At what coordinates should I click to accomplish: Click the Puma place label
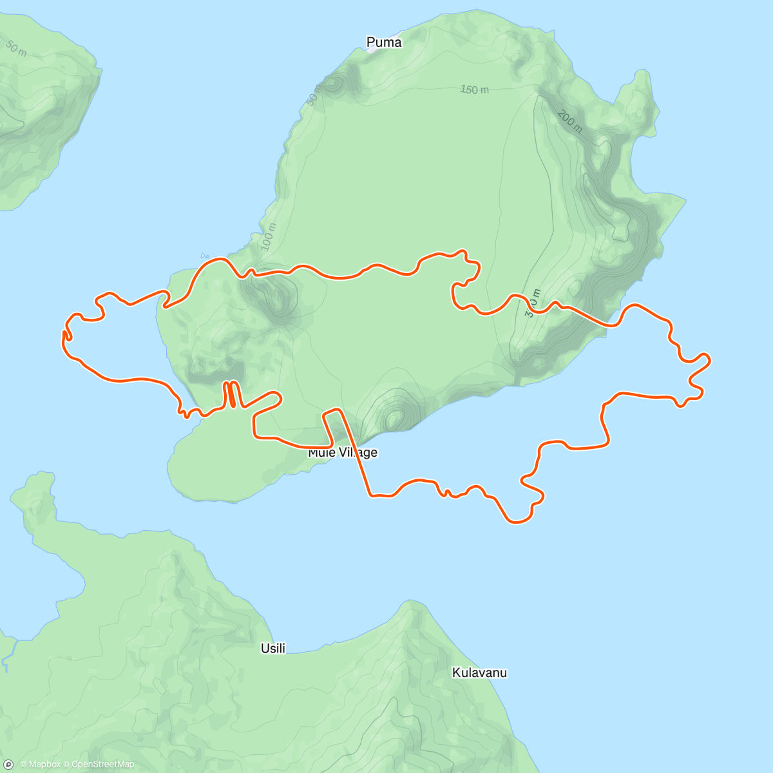click(x=384, y=43)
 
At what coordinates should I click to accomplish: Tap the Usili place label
click(x=273, y=649)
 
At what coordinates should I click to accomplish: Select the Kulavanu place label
click(x=479, y=673)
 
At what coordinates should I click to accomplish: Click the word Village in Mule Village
click(x=358, y=453)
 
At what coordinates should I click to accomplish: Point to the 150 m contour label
click(x=474, y=90)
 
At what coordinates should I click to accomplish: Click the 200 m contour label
click(x=570, y=120)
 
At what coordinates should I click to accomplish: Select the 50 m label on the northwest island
click(x=16, y=48)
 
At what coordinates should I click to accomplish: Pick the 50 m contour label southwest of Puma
click(x=314, y=95)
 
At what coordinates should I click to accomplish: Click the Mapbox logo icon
click(x=9, y=764)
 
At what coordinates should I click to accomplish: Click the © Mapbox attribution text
click(x=41, y=765)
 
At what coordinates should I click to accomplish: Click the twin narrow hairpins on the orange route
click(x=231, y=394)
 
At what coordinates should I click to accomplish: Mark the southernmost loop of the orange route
click(x=519, y=519)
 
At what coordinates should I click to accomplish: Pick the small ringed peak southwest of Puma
click(x=334, y=83)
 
